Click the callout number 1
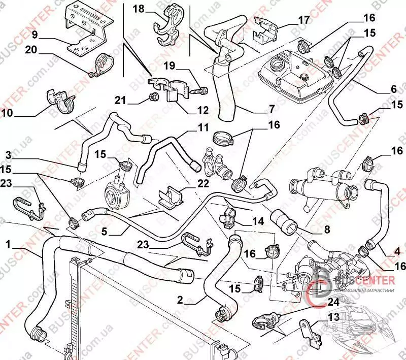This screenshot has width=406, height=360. (x=9, y=244)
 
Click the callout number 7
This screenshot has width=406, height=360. (x=272, y=109)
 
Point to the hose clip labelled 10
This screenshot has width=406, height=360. (x=60, y=100)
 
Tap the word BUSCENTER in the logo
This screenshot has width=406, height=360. (x=365, y=280)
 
